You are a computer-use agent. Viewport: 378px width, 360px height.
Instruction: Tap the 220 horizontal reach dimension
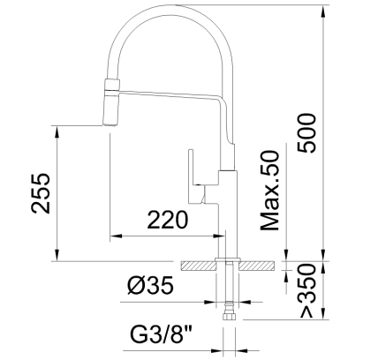click(167, 220)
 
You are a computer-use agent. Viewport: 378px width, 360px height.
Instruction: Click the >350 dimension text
click(306, 290)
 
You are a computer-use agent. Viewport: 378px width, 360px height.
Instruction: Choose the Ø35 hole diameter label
click(149, 286)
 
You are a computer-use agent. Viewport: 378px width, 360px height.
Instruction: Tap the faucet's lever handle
click(193, 177)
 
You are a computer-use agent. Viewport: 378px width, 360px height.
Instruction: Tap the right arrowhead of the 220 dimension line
click(223, 236)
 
